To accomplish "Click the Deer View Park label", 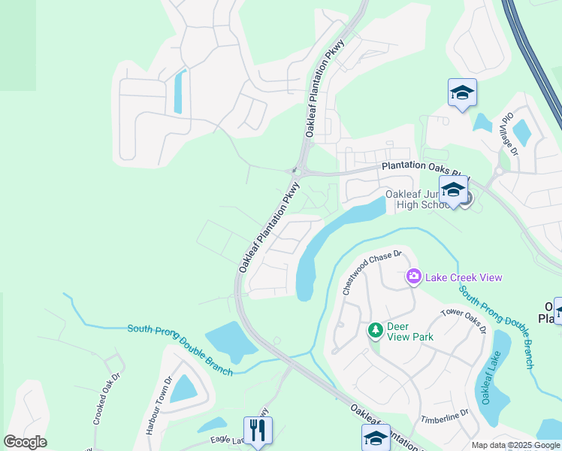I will [x=410, y=332].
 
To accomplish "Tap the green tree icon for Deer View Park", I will [x=375, y=329].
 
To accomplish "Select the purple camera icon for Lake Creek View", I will [x=413, y=277].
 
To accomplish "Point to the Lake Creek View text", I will [x=464, y=277].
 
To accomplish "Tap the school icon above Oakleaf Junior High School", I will [x=453, y=189].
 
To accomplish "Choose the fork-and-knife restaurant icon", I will [x=258, y=430].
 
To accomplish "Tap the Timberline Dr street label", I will [x=444, y=416].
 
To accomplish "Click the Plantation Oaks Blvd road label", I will [x=421, y=167].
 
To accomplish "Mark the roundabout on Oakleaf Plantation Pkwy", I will [x=298, y=172].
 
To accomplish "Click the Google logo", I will [x=25, y=442].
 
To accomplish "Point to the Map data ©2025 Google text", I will [x=515, y=445].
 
